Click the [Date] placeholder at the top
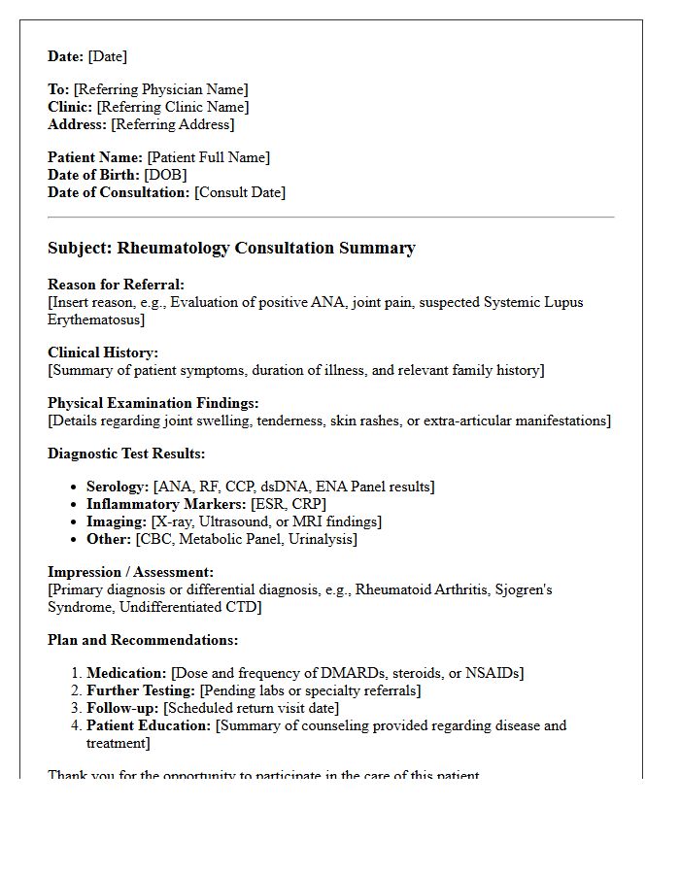pos(108,56)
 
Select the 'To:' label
pos(58,89)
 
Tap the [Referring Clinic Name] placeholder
pos(173,107)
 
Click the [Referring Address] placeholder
pos(173,124)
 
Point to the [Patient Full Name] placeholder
pos(209,157)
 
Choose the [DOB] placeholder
pos(165,175)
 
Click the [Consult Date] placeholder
pos(240,192)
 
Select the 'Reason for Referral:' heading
pos(116,285)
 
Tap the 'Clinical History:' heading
pos(103,353)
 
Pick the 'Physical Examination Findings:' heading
pos(153,403)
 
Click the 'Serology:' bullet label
pos(118,487)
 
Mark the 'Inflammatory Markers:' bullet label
pos(166,504)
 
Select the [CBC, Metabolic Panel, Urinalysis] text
pos(246,539)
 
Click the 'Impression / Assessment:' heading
pos(131,572)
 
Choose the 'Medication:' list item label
pos(126,673)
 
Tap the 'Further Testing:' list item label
pos(141,690)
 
